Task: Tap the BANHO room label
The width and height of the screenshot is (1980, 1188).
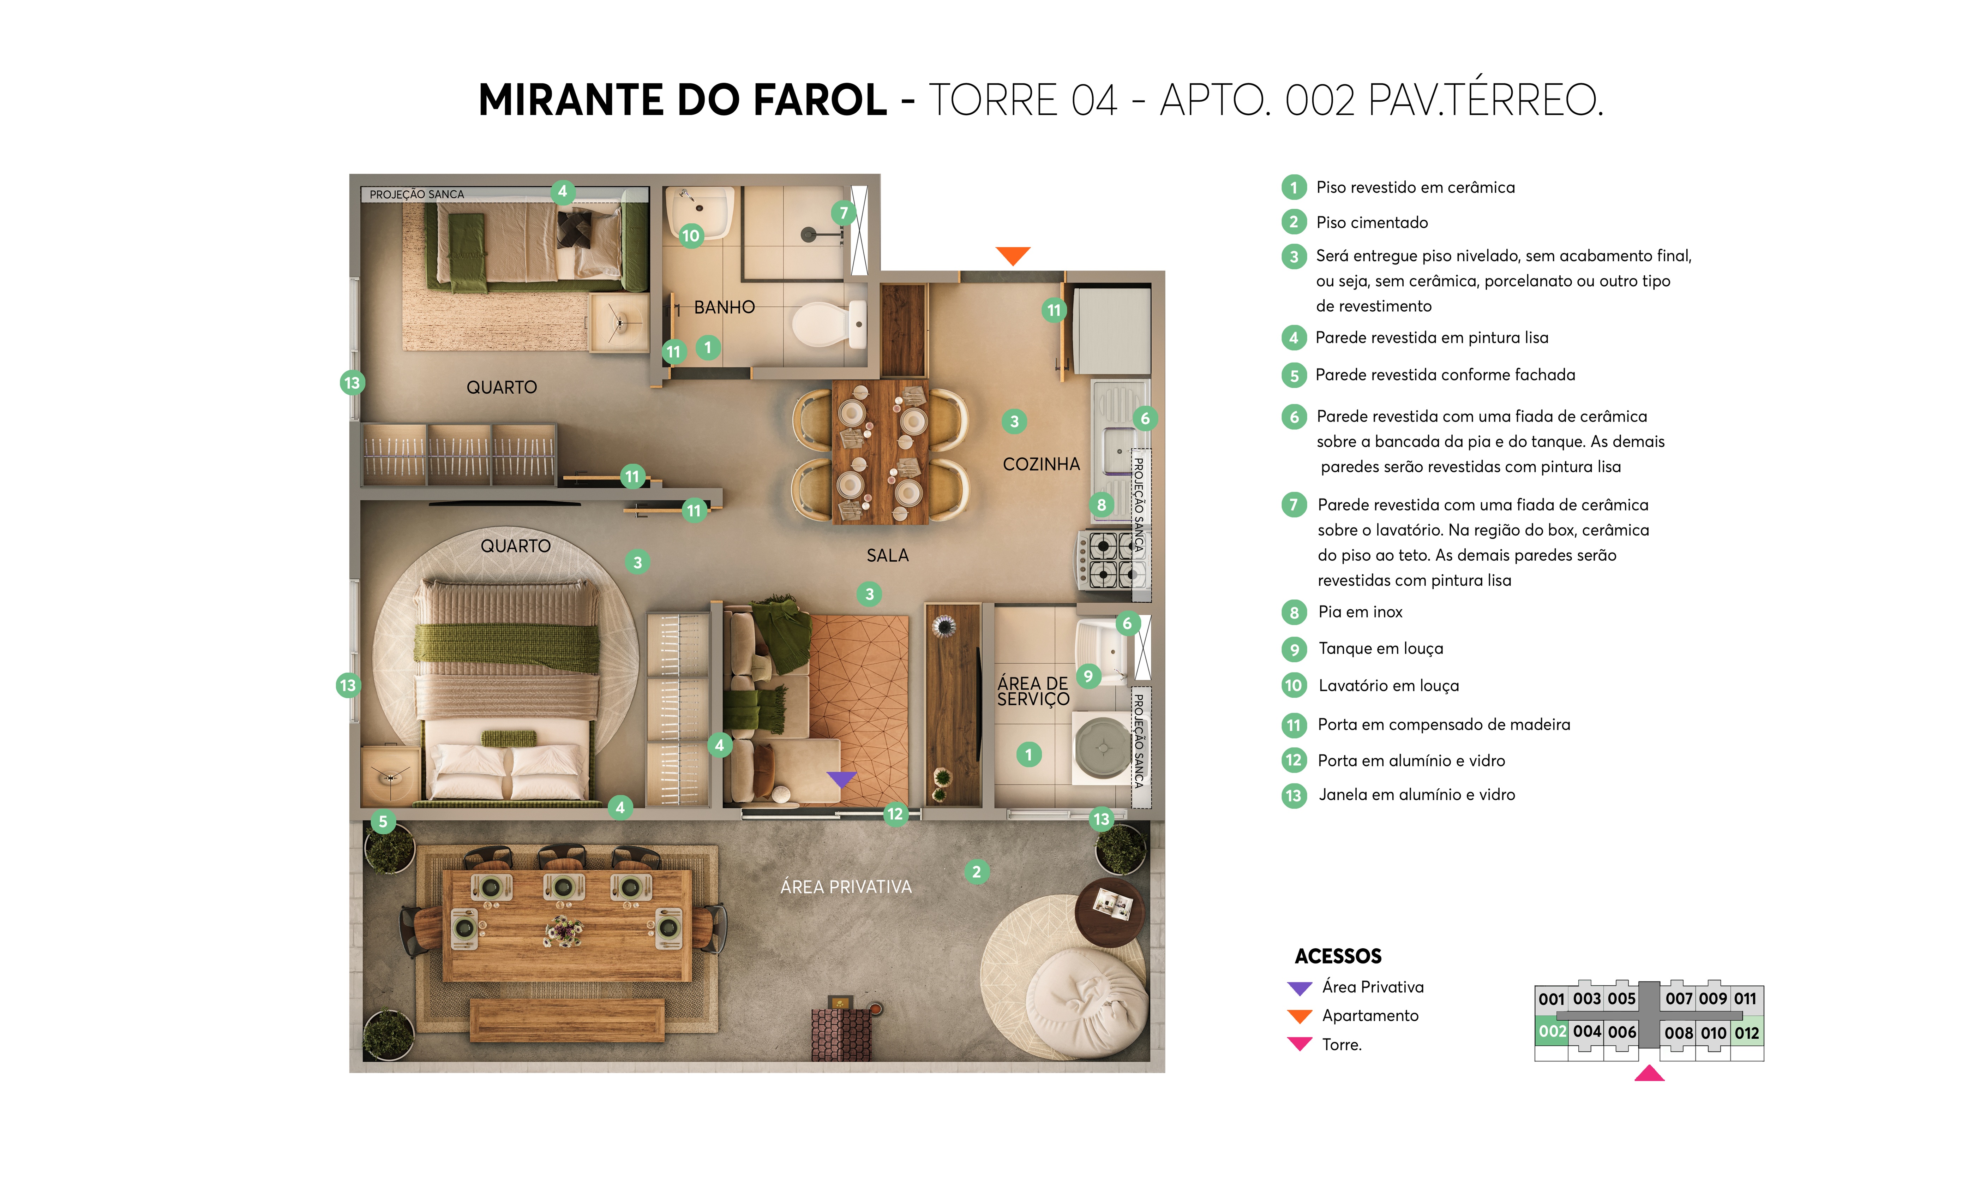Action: (724, 308)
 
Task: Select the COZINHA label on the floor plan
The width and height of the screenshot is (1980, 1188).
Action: (1041, 464)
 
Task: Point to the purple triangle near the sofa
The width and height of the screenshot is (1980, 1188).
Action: (841, 778)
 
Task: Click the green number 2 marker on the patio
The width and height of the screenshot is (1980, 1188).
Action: (976, 872)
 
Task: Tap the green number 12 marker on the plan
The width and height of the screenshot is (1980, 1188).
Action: (895, 814)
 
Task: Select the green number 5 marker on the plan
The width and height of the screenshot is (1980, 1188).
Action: (383, 821)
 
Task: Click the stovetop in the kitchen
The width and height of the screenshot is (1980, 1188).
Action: (1112, 560)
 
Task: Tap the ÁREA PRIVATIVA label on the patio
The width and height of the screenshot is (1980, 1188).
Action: (846, 887)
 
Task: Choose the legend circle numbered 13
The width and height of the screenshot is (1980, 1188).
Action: (1293, 796)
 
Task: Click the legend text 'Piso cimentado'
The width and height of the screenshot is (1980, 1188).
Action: (1372, 222)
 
